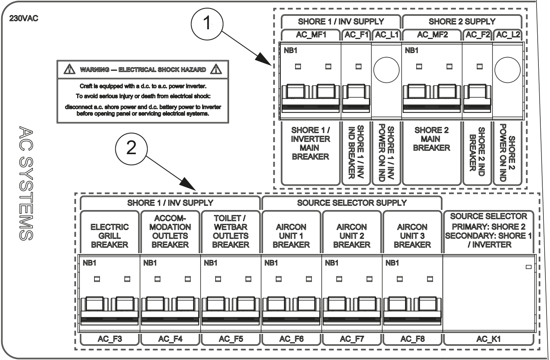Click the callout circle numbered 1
[x=207, y=24]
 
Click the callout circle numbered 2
[x=132, y=148]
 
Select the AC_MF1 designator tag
[x=311, y=35]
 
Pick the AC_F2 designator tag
[x=477, y=35]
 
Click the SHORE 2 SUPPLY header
[x=462, y=22]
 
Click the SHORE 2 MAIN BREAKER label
[x=431, y=139]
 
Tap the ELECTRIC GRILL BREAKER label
[x=110, y=236]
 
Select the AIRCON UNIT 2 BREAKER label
[x=352, y=236]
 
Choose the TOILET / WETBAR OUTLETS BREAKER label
[x=231, y=232]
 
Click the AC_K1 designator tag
[x=489, y=339]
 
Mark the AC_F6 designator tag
[x=291, y=339]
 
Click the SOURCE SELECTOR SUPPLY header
[x=352, y=202]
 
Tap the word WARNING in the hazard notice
[x=94, y=70]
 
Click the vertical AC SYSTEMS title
[x=26, y=183]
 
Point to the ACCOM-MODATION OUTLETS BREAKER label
[x=170, y=232]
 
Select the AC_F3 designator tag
[x=110, y=339]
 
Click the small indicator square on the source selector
[x=528, y=267]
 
